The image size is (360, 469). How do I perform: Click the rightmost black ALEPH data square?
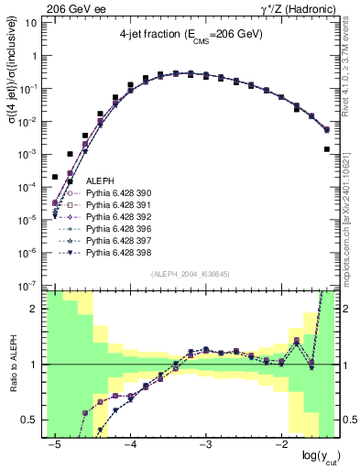[x=327, y=148]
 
